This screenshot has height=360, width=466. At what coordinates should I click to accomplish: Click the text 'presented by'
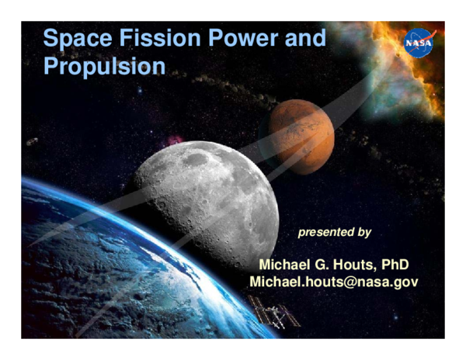tap(335, 232)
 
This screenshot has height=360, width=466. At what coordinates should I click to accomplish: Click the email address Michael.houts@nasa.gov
tap(334, 282)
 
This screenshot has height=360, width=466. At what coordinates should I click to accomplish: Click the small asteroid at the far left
tap(32, 142)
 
